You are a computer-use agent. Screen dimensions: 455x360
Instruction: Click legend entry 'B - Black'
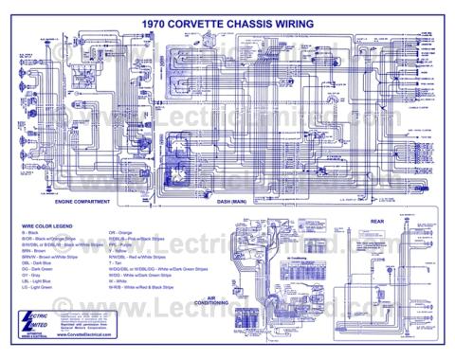pyautogui.click(x=32, y=232)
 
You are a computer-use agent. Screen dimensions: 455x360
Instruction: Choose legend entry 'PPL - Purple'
pyautogui.click(x=121, y=244)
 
